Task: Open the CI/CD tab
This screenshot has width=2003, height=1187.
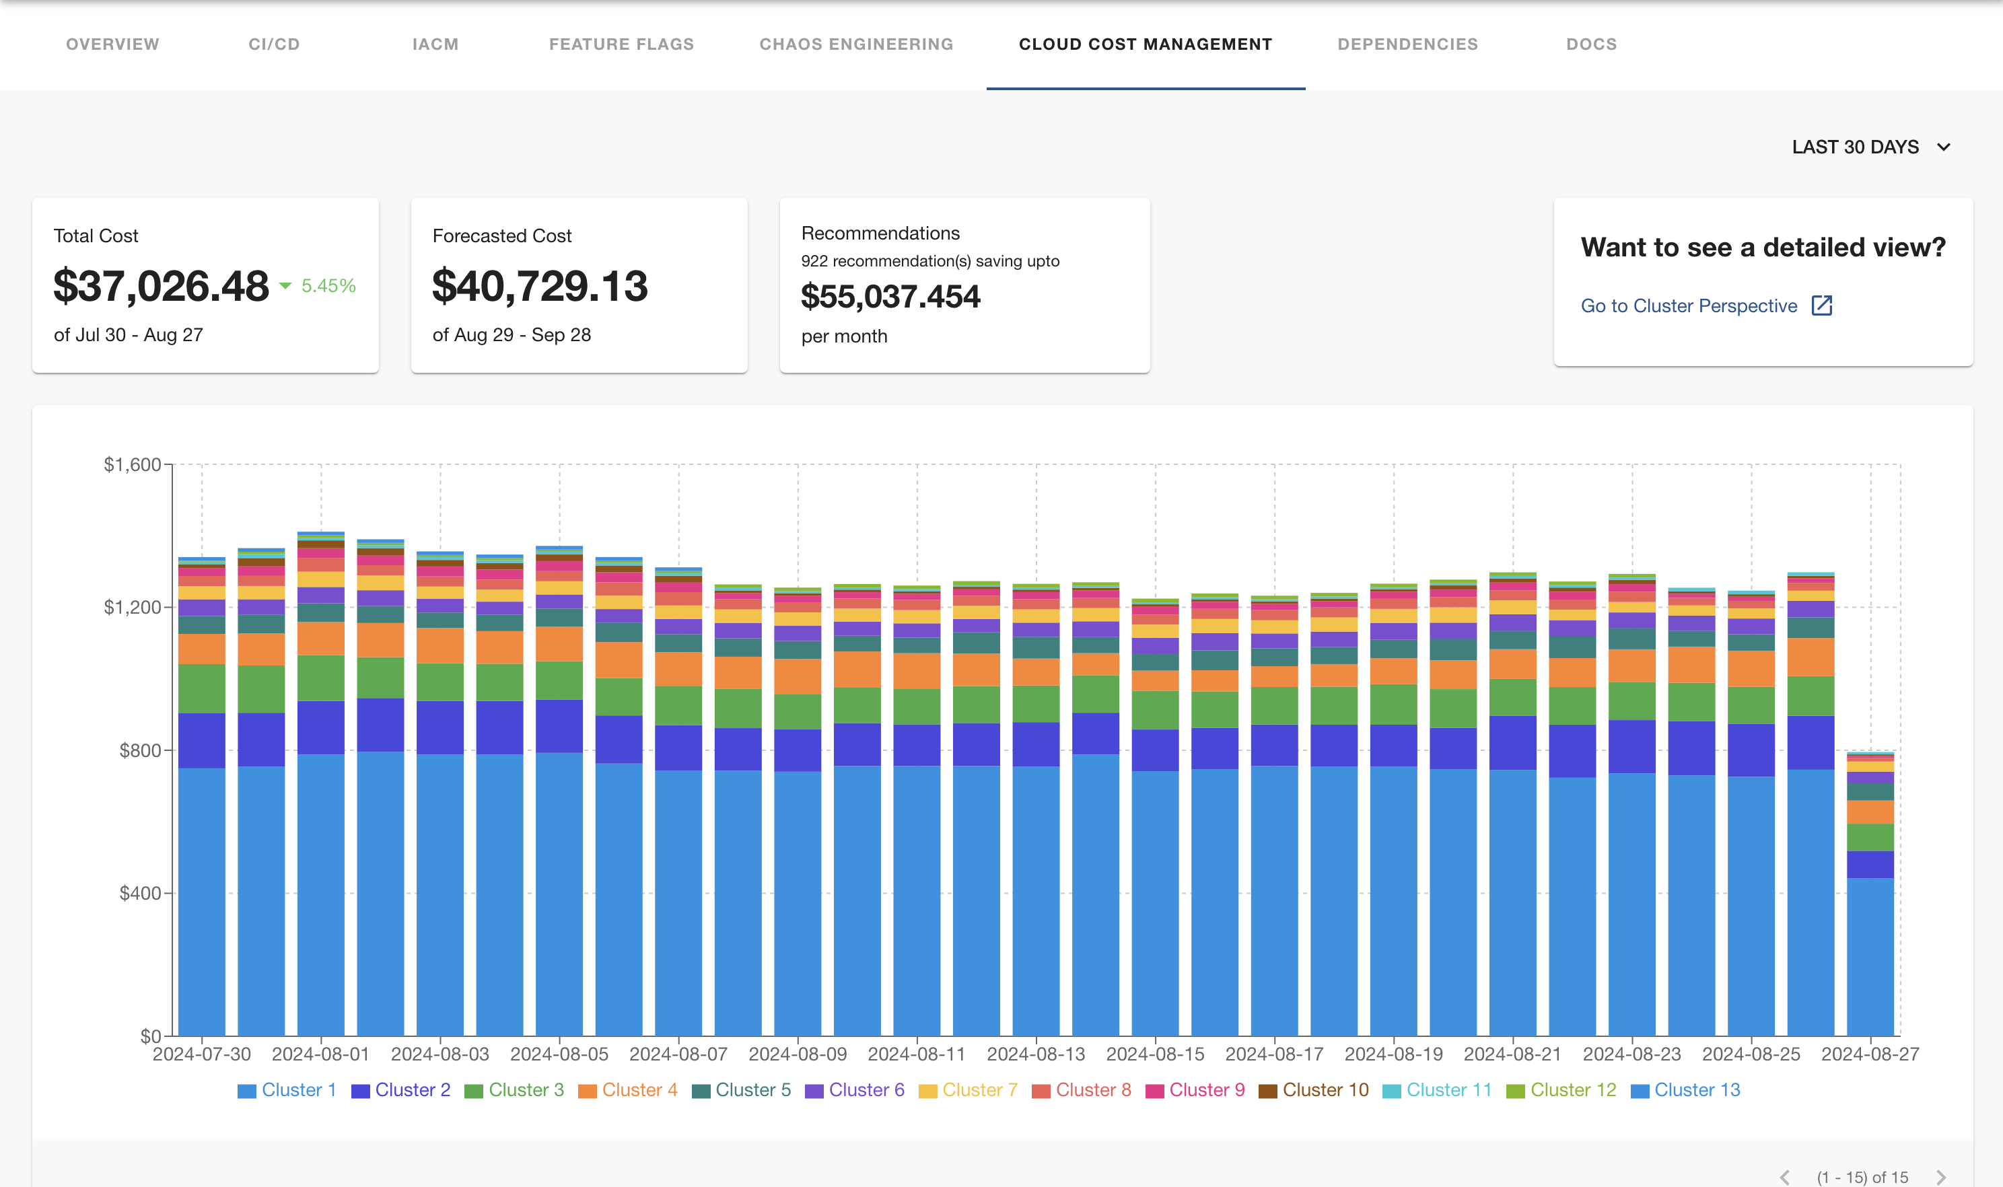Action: pos(273,44)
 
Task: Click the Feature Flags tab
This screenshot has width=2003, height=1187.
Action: pos(621,44)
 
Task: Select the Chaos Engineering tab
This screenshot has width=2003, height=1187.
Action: pos(856,44)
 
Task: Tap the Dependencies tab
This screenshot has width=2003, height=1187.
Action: pos(1407,44)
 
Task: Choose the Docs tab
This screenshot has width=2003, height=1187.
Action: pos(1591,44)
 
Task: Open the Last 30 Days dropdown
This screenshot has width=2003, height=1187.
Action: pos(1870,147)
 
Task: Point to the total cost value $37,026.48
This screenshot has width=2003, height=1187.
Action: pos(161,287)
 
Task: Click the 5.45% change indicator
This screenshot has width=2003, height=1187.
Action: pos(327,285)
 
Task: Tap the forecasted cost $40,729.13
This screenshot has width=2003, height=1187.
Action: pos(539,287)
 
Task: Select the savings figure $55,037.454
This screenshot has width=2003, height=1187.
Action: pos(890,297)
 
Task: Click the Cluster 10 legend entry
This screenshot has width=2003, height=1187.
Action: pos(1314,1090)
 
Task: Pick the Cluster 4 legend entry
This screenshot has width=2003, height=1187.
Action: pos(628,1090)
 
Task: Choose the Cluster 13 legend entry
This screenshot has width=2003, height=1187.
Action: pos(1685,1090)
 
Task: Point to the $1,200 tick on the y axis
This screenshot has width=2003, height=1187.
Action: pos(132,607)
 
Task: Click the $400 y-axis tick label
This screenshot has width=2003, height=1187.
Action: pos(140,893)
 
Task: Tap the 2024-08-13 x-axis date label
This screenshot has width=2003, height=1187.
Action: pos(1035,1054)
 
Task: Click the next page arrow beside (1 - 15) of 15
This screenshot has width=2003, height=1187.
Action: pos(1940,1178)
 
